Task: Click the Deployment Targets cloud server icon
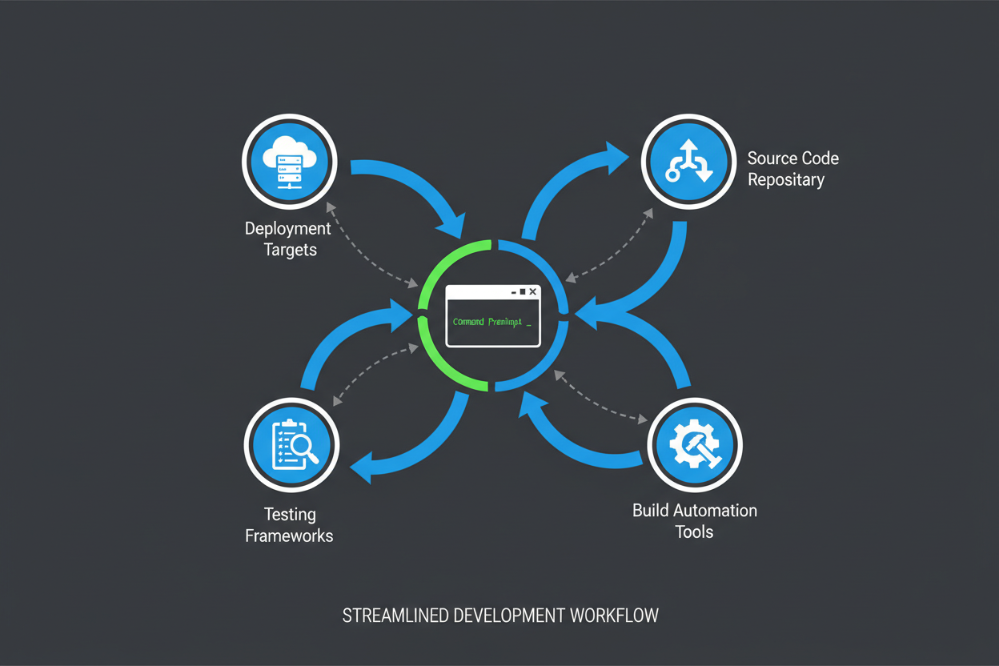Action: [290, 162]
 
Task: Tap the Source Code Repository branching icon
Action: [689, 162]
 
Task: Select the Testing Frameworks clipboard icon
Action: [291, 446]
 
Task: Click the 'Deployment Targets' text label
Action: [288, 239]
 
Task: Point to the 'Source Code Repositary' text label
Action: [792, 168]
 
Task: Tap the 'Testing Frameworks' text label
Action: [289, 524]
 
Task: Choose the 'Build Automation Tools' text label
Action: [694, 520]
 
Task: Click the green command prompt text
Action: [487, 322]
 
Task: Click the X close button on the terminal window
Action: [532, 292]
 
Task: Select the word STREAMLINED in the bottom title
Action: [395, 616]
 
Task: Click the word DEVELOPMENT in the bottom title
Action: [509, 616]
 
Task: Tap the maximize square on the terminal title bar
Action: [522, 292]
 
